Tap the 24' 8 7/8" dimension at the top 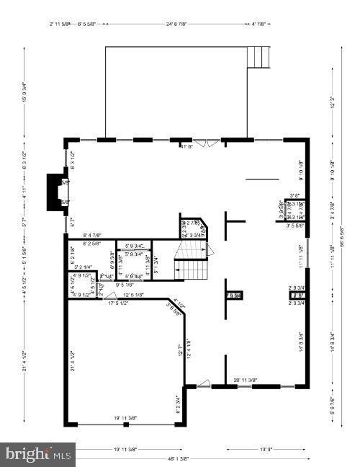click(x=176, y=24)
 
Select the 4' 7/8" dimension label click(x=259, y=24)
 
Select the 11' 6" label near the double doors click(x=186, y=146)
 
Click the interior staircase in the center click(x=190, y=262)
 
